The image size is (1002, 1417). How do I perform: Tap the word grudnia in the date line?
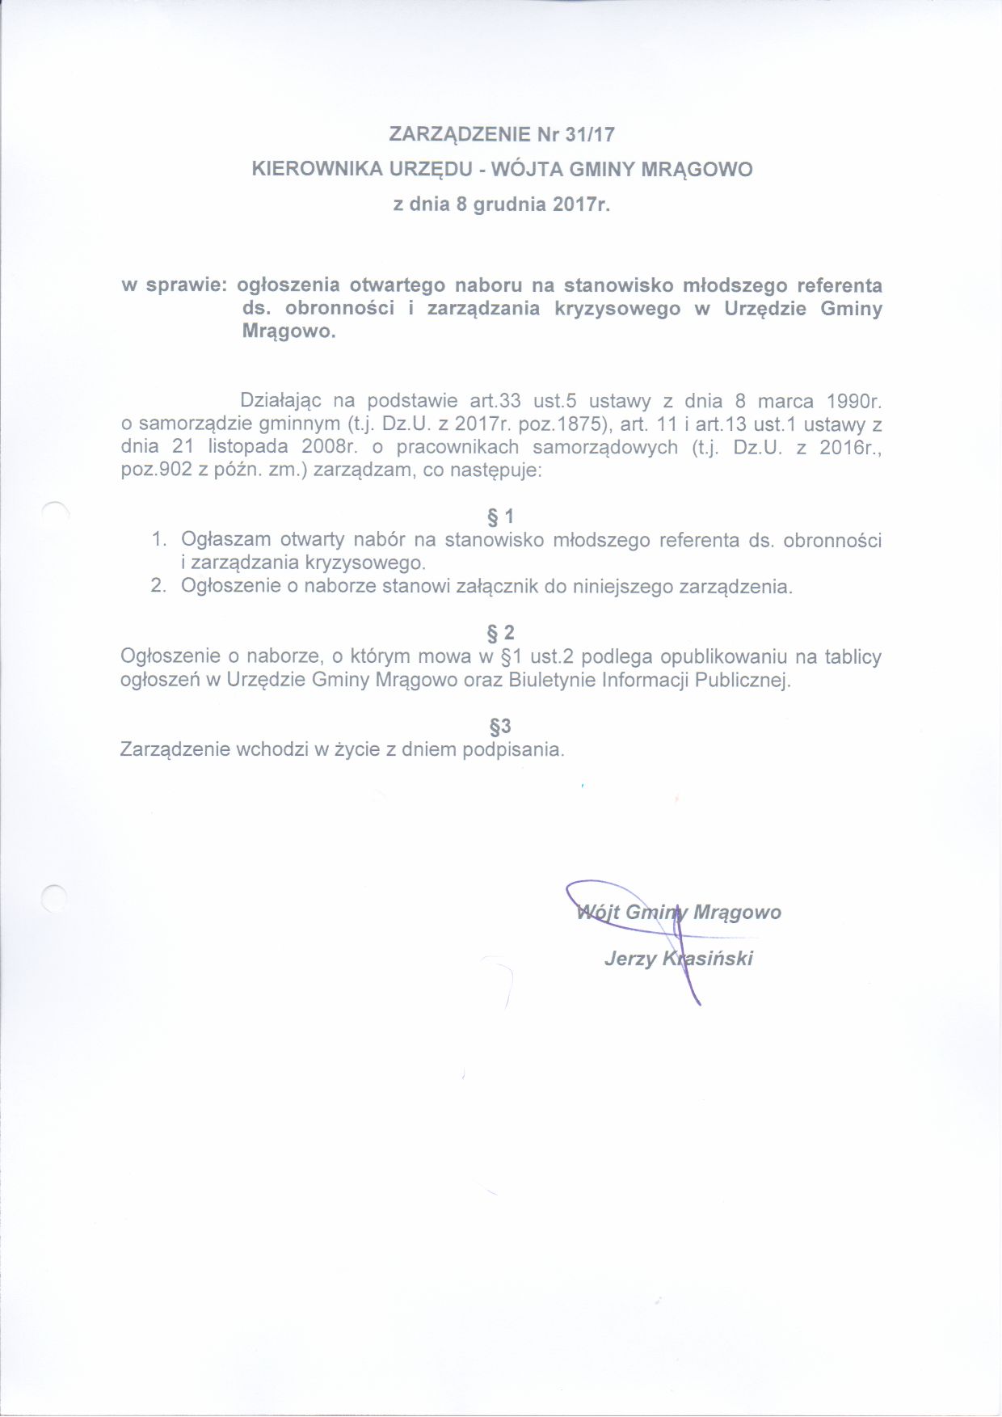509,205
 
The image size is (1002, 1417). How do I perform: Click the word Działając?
281,401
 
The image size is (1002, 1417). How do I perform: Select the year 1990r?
853,401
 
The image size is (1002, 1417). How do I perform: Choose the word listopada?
248,447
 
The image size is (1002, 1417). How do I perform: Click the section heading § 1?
501,517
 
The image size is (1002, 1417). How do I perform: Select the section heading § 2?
501,633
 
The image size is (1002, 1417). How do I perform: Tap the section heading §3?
501,726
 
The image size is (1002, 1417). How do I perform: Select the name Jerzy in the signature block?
629,959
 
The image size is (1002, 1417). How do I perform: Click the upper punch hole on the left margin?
55,513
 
